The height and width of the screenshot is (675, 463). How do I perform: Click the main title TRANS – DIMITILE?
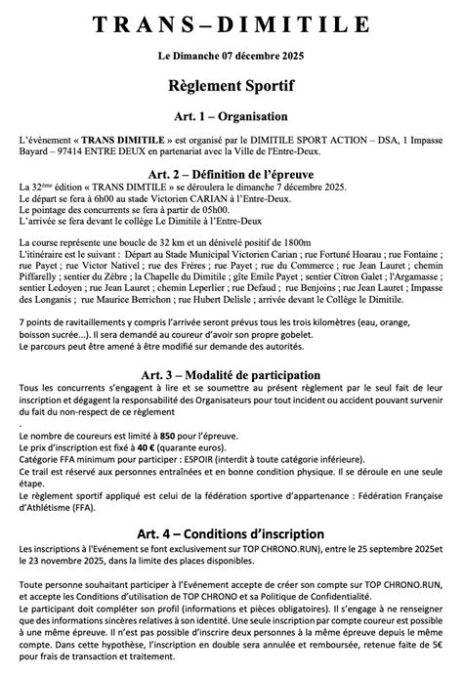pos(231,23)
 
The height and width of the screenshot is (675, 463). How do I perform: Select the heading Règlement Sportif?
pos(231,87)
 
